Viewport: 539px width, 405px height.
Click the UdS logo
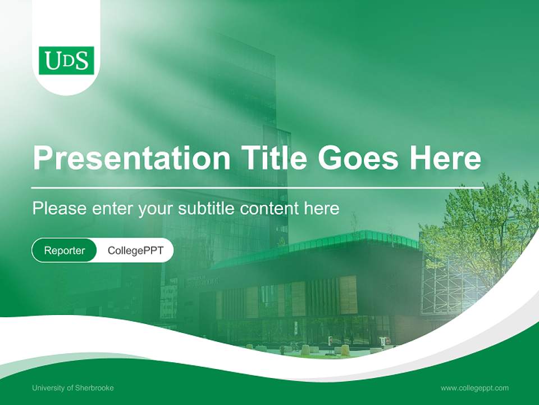[x=66, y=60]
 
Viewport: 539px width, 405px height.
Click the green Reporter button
[x=65, y=250]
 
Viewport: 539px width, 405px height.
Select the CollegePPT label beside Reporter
[x=135, y=250]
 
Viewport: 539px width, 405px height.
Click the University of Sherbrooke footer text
[x=73, y=388]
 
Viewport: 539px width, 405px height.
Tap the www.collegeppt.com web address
[x=474, y=388]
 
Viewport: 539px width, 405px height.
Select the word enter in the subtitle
[x=112, y=209]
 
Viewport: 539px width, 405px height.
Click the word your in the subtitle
[x=156, y=209]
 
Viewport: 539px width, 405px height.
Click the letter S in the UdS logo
[x=81, y=61]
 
